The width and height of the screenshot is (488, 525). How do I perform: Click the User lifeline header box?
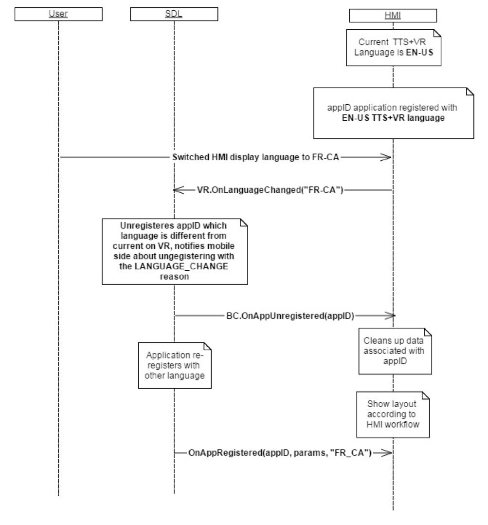click(x=58, y=15)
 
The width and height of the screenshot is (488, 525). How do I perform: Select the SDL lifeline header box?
click(x=173, y=15)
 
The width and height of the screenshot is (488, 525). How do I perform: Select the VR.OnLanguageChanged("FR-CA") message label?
click(x=270, y=189)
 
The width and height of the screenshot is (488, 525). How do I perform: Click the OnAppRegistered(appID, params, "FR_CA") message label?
click(x=280, y=453)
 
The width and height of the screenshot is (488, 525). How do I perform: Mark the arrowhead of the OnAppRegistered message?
click(x=387, y=453)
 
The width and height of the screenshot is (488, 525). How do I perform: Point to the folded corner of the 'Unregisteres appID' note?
click(x=244, y=223)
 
